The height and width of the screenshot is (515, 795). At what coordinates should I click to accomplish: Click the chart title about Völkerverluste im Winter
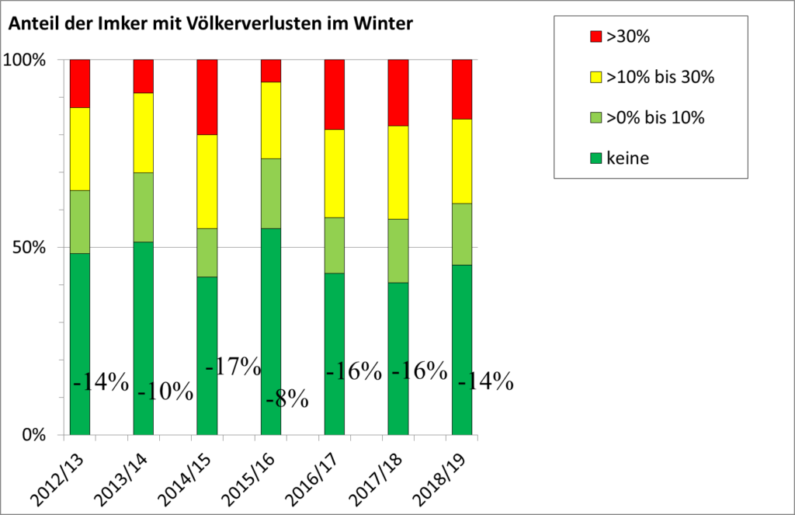coord(210,24)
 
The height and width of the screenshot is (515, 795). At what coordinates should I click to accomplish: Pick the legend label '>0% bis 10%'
coord(654,118)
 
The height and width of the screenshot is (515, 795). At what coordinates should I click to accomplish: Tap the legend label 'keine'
coord(627,158)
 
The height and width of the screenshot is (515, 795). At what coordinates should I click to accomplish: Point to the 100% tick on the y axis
coord(28,60)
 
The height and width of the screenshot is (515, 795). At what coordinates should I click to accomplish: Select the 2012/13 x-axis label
coord(65,472)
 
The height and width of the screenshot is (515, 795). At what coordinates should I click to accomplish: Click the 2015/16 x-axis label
coord(256,472)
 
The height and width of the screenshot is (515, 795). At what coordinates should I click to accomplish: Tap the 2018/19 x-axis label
coord(447,472)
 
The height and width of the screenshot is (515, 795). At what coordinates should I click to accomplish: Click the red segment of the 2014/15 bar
coord(207,96)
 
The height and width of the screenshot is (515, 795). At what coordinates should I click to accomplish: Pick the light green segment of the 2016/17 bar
coord(334,245)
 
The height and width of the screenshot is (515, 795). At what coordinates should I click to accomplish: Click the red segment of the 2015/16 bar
coord(270,70)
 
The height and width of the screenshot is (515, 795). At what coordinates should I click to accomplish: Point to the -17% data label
coord(233,366)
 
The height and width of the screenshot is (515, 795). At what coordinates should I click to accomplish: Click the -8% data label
coord(286,401)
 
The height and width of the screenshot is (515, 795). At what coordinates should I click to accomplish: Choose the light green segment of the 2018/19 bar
coord(461,234)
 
